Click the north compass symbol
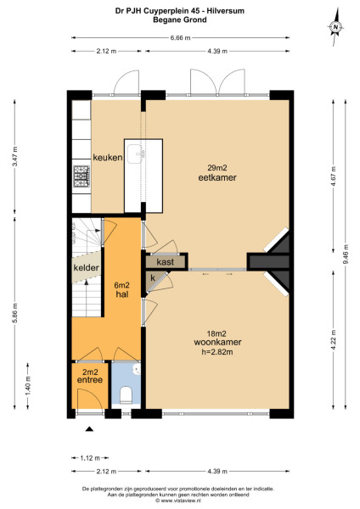pos(336,28)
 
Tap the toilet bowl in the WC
pos(126,394)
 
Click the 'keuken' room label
pos(109,157)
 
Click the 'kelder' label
pos(86,268)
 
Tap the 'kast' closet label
pos(166,263)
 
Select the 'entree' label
pos(90,380)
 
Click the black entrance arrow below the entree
pos(88,430)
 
